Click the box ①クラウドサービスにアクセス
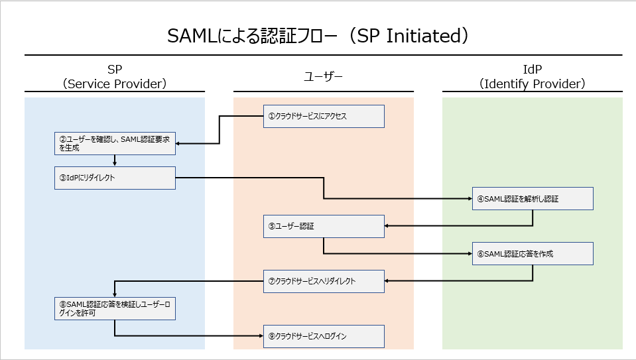tap(324, 116)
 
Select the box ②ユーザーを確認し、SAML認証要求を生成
tap(115, 143)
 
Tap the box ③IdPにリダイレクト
tap(115, 178)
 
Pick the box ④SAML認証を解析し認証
tap(533, 199)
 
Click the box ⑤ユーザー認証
tap(324, 226)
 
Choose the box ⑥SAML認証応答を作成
tap(533, 254)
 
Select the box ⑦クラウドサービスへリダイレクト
tap(324, 281)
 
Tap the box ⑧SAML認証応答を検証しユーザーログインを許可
tap(115, 308)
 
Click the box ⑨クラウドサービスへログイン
tap(324, 337)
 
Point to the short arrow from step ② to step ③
tap(115, 160)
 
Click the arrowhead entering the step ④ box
tap(470, 199)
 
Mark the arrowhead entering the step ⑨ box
tap(261, 336)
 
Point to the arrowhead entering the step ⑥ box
tap(470, 254)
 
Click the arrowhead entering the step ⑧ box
tap(115, 295)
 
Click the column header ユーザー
tap(323, 77)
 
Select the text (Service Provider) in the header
tap(115, 84)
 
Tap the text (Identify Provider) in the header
tap(532, 84)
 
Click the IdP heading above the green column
tap(532, 70)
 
